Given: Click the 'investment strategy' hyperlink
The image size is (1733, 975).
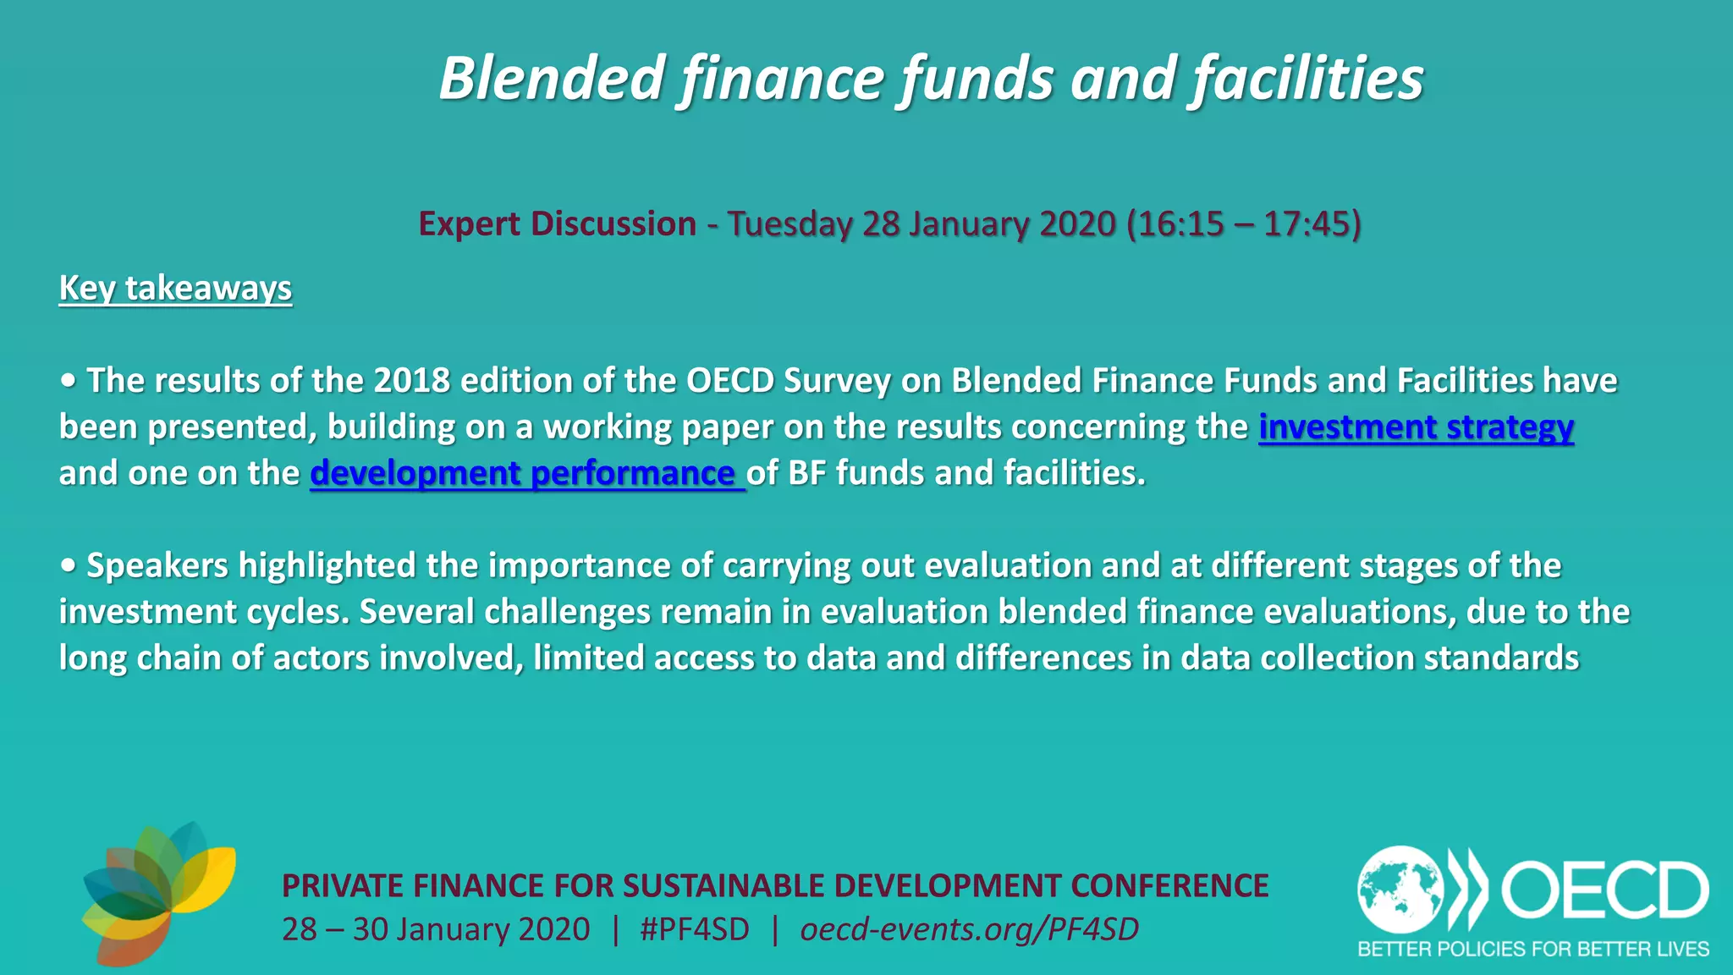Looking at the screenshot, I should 1416,427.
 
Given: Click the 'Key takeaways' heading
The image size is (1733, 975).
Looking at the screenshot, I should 175,288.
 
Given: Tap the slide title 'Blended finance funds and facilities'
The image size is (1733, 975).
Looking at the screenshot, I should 931,78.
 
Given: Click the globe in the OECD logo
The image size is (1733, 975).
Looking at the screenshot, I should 1400,890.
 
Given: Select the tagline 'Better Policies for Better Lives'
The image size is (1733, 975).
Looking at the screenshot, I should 1533,949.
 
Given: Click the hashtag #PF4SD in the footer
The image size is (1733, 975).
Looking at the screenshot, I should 695,929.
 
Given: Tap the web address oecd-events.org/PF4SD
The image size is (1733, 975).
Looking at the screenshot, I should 969,929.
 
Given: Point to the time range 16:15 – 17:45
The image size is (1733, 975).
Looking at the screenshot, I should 1244,224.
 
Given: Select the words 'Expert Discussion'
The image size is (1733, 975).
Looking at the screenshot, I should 558,224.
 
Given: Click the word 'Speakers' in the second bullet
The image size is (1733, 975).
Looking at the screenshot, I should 157,565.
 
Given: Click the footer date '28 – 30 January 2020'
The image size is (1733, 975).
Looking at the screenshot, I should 436,929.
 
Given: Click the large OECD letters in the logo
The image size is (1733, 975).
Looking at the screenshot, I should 1605,890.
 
